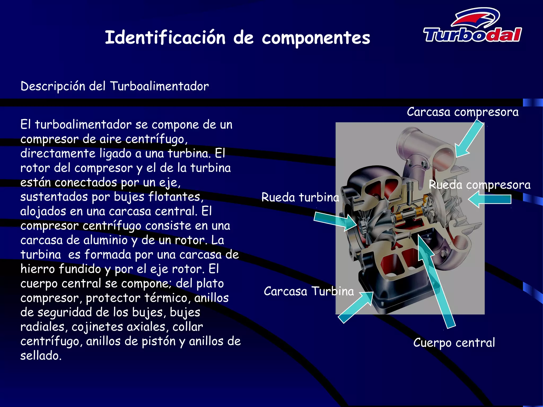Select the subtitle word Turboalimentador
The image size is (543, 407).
(159, 86)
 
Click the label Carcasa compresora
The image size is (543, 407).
(462, 112)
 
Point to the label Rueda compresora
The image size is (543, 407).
(480, 185)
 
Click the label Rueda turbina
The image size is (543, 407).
(300, 197)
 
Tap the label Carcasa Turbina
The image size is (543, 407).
(309, 291)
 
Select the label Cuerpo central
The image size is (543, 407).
(454, 343)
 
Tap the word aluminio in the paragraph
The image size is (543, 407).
(105, 240)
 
